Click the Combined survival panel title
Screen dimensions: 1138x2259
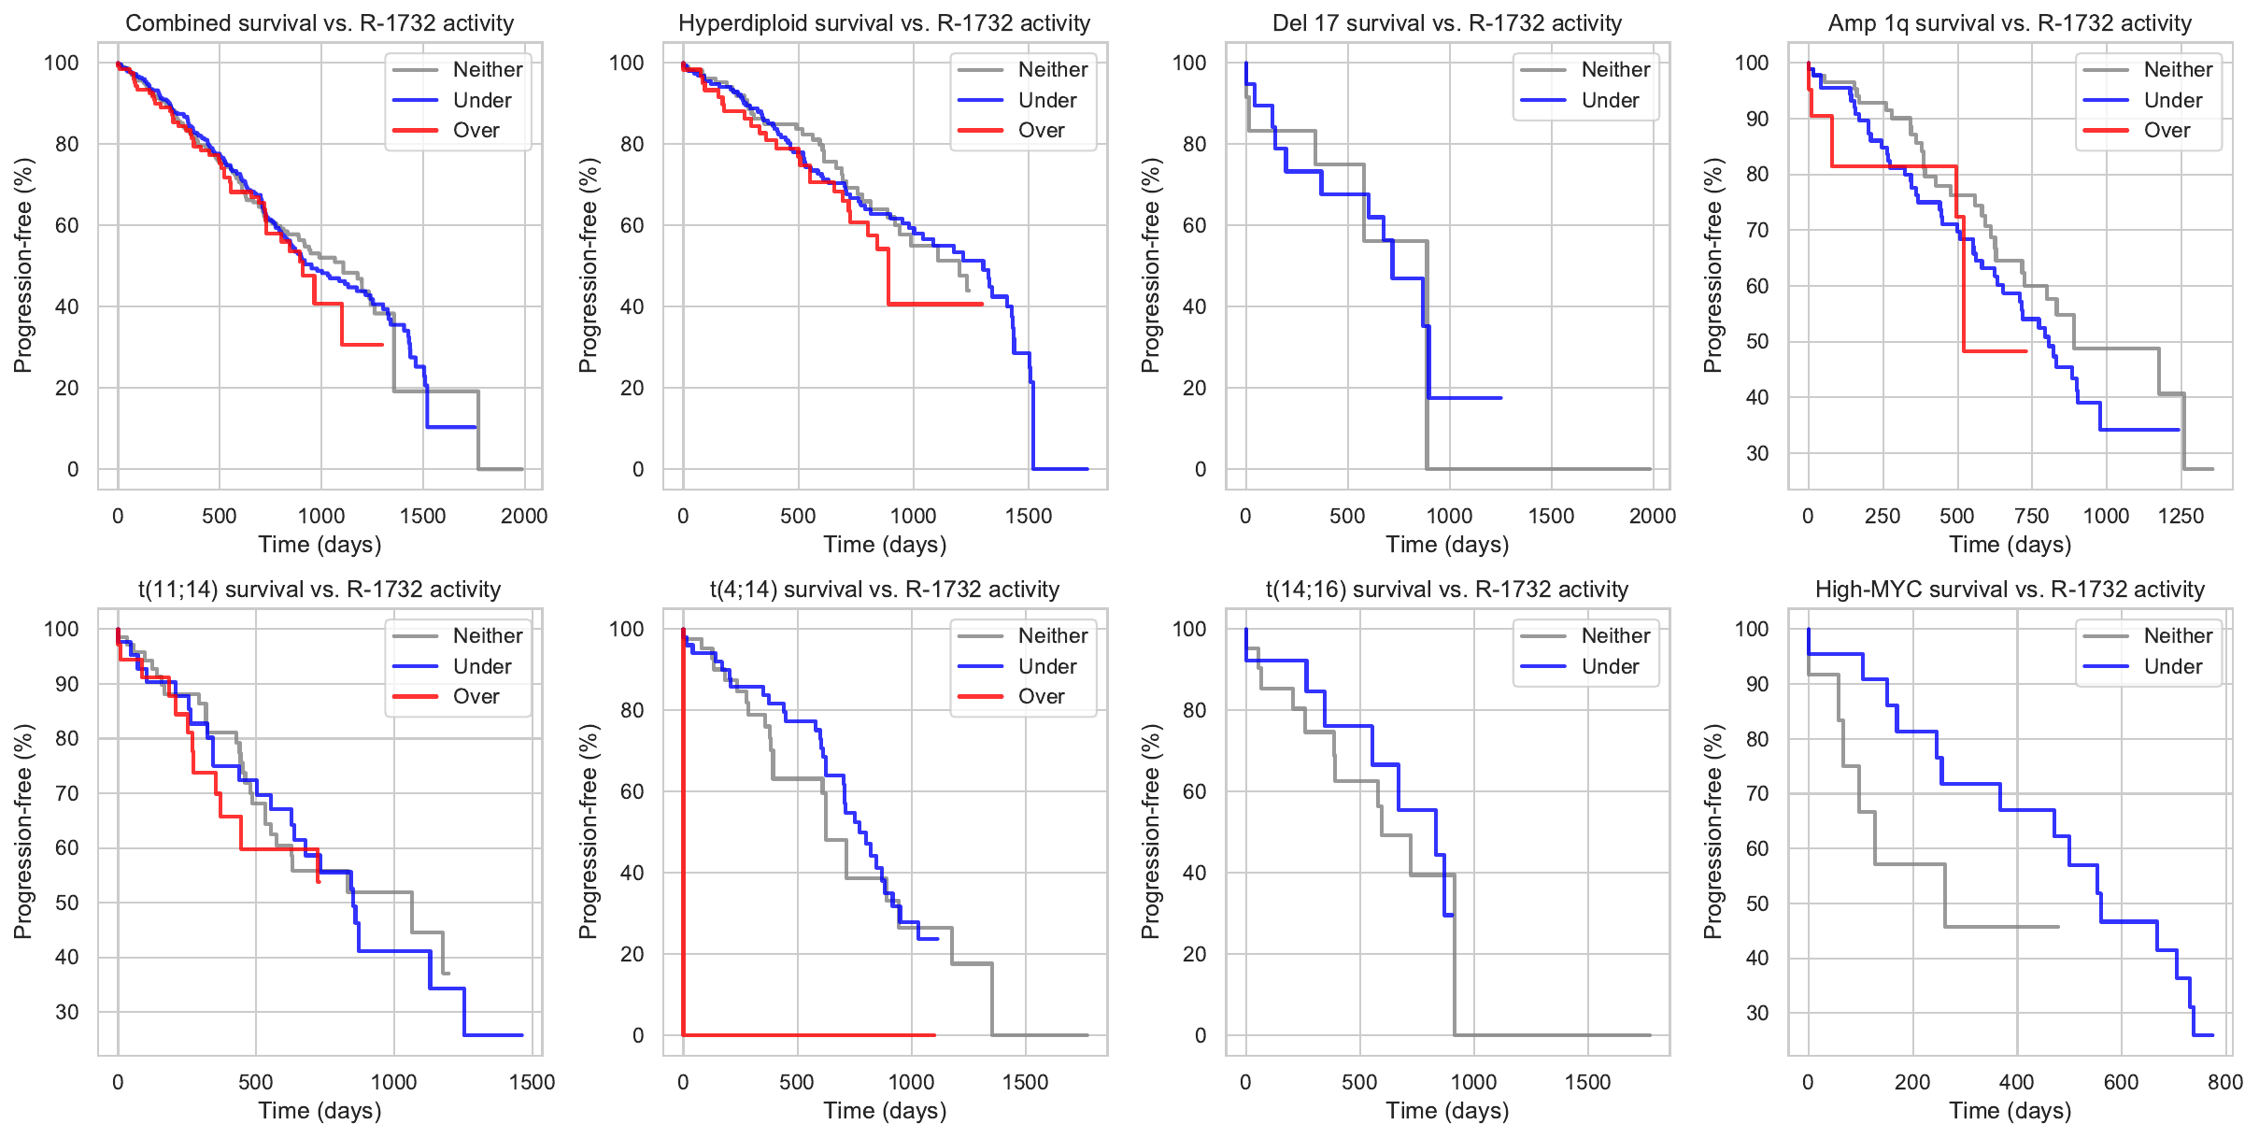click(x=320, y=23)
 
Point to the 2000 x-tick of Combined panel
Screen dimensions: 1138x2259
click(x=524, y=516)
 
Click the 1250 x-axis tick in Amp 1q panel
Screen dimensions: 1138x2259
click(x=2181, y=516)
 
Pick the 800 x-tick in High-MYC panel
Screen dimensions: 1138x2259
click(x=2225, y=1082)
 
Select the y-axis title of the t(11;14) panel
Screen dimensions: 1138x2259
click(x=23, y=832)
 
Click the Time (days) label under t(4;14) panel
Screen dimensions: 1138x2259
click(x=885, y=1111)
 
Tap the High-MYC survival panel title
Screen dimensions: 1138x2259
click(x=2010, y=590)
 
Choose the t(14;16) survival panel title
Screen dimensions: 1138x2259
click(x=1447, y=590)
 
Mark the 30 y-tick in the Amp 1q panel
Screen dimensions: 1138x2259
click(x=1756, y=453)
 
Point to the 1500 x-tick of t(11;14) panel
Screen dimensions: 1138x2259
click(x=532, y=1082)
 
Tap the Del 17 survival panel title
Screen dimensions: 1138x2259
click(x=1447, y=23)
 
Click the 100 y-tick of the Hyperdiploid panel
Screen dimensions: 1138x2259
click(x=627, y=63)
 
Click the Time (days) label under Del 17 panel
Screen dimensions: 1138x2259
click(x=1447, y=545)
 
